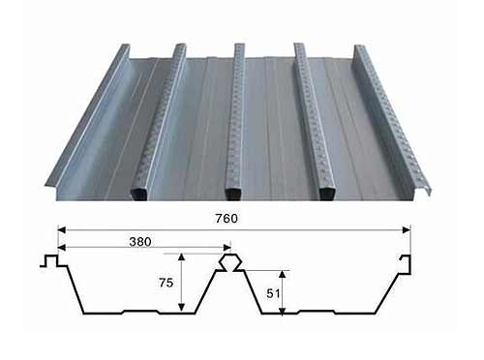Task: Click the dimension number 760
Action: [227, 219]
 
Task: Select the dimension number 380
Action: [140, 242]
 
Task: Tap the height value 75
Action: [166, 283]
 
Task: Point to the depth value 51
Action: [273, 293]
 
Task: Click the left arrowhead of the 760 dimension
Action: [62, 230]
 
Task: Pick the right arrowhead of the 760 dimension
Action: [407, 230]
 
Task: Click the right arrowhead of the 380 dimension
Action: [227, 248]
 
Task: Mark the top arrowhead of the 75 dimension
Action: [182, 257]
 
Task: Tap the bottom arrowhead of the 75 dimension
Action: [182, 308]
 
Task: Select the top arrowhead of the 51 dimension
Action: [283, 275]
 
